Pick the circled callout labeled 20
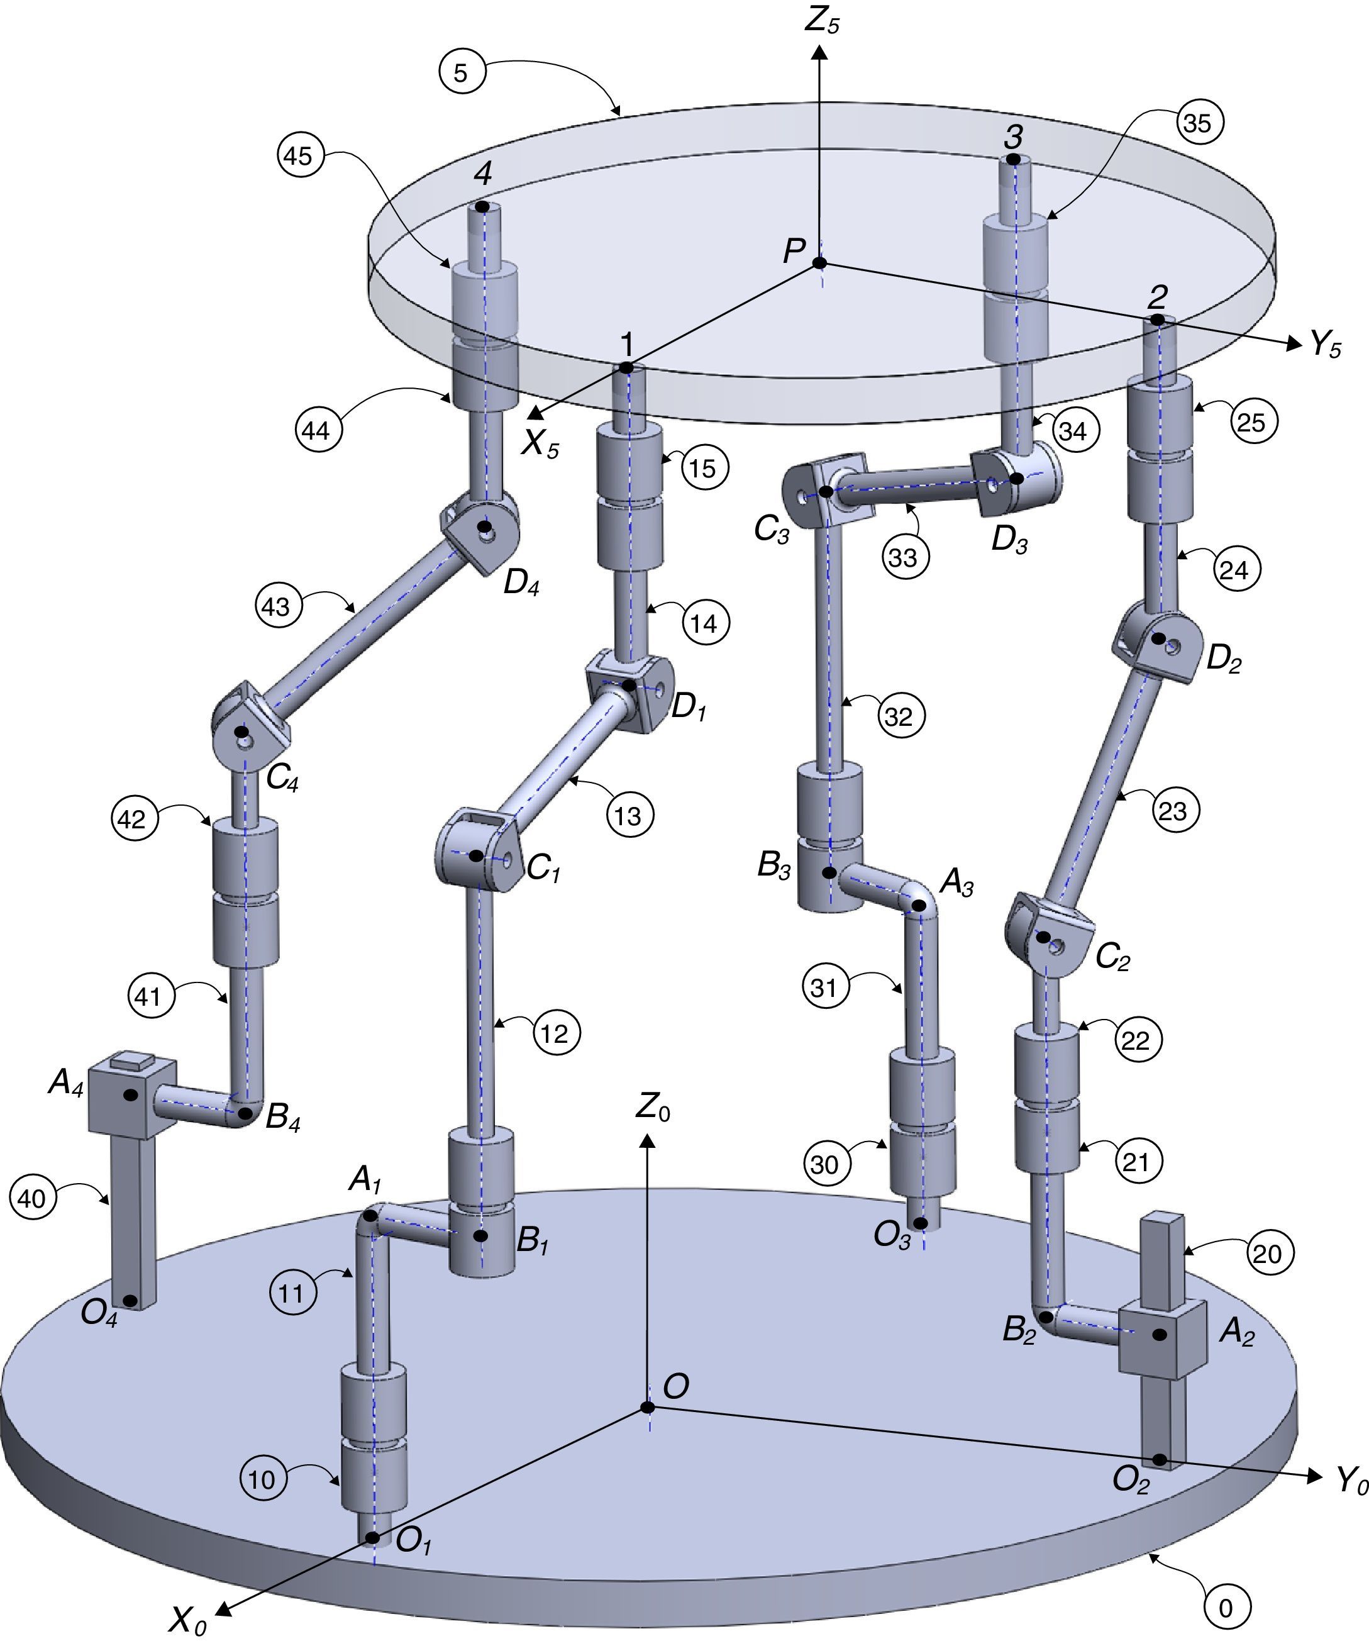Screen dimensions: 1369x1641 (x=1266, y=1254)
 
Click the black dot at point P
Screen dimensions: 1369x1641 (x=819, y=264)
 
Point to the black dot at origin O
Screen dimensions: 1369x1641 (x=648, y=1408)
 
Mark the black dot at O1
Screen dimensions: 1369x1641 (x=373, y=1538)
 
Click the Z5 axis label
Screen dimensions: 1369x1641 (x=822, y=21)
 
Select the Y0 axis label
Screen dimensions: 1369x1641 (x=1351, y=1479)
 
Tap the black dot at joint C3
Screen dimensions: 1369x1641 (x=826, y=491)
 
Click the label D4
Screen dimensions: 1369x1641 (x=521, y=584)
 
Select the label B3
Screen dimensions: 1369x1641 (x=773, y=867)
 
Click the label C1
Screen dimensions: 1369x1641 (x=544, y=867)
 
